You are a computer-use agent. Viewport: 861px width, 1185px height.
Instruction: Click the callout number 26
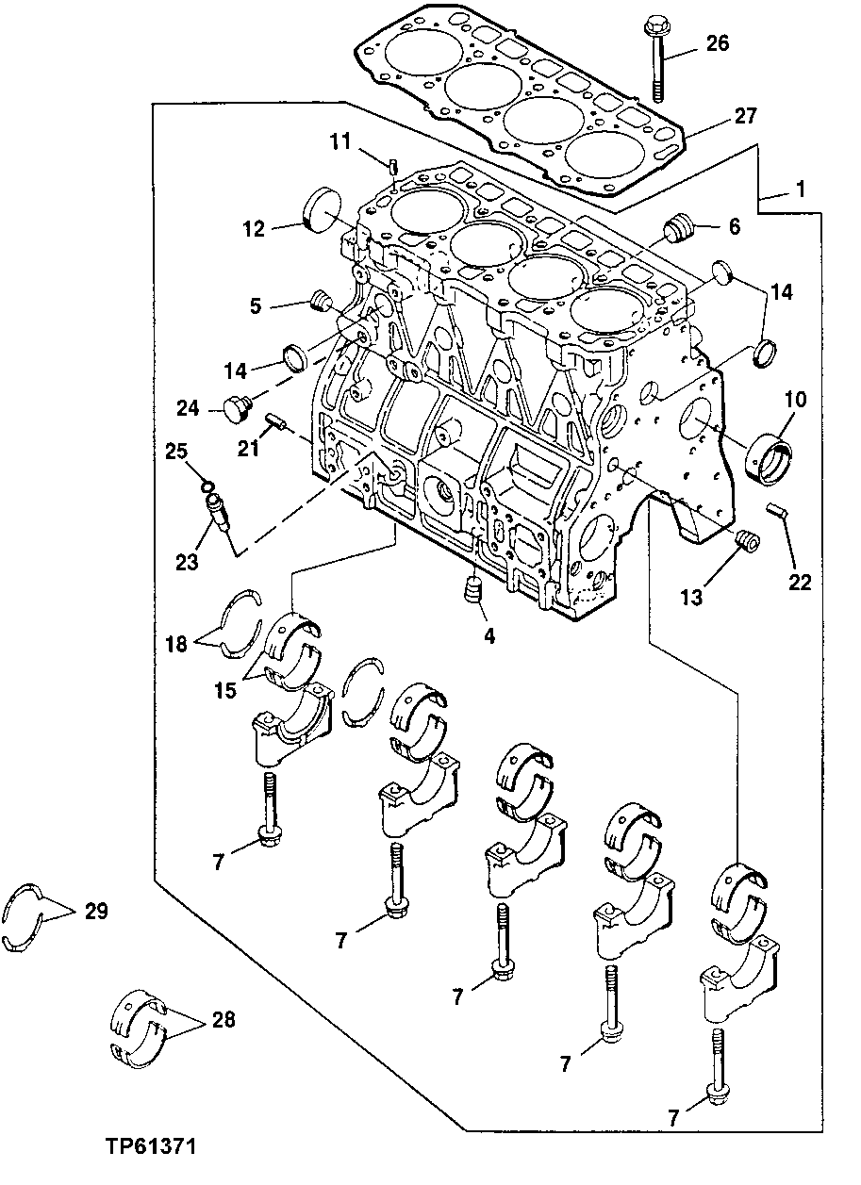717,42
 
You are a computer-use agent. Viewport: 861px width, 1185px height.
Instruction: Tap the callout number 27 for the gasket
745,117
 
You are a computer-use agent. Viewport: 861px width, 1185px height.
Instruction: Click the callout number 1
799,189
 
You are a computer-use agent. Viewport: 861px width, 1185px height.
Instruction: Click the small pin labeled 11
390,167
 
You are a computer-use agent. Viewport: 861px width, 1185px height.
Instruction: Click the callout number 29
95,912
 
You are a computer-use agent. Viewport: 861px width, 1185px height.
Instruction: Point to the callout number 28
224,1019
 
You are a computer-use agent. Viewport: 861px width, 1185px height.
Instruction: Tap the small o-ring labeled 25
204,486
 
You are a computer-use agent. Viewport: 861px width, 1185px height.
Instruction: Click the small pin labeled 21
274,420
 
